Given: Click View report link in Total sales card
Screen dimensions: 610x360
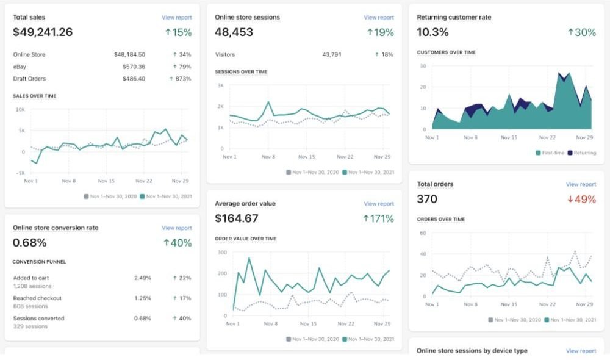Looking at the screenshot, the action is click(177, 18).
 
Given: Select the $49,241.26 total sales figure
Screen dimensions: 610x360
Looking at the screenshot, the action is click(43, 32).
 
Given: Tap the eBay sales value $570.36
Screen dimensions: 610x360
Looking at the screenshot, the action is click(134, 67).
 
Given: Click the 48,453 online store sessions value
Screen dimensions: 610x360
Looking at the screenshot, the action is click(234, 32).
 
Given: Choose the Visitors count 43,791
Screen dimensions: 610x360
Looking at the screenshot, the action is click(332, 54).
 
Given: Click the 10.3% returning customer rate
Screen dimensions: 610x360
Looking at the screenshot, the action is click(432, 32).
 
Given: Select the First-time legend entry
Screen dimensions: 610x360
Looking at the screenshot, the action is click(550, 153).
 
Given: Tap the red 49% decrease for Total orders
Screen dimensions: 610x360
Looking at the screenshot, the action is click(581, 200).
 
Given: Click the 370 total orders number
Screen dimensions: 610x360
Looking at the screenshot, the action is click(427, 200).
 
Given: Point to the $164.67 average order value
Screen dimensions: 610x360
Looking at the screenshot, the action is click(237, 218).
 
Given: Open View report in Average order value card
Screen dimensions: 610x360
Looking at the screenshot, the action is click(379, 204).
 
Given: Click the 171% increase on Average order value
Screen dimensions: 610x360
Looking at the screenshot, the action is click(378, 218).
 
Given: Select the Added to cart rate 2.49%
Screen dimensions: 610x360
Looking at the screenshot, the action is click(143, 278).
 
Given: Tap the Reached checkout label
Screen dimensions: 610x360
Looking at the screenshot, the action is click(37, 298).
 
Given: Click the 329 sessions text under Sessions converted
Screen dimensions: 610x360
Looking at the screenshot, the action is click(30, 326).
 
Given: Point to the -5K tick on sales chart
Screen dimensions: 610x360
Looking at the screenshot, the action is click(20, 173).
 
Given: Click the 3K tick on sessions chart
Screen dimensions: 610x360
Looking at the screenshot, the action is click(221, 85).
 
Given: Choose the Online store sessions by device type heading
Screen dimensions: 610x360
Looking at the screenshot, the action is click(472, 351).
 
